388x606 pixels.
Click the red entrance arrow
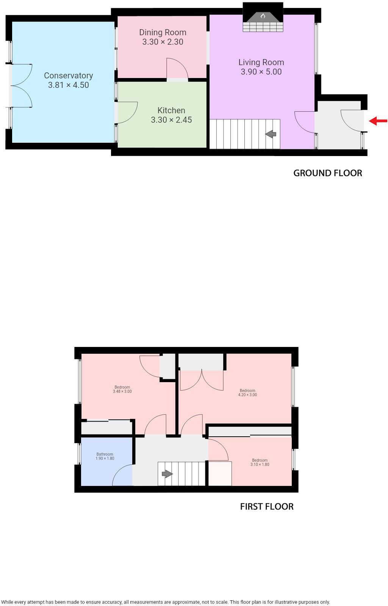click(378, 121)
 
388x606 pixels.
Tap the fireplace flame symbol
click(263, 16)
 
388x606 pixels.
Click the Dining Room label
click(163, 33)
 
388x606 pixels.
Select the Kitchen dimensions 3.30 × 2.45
click(171, 120)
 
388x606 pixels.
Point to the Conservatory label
click(68, 76)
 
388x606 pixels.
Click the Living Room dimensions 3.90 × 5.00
click(261, 72)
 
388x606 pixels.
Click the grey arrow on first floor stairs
click(167, 474)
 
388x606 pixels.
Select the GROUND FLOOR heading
click(328, 173)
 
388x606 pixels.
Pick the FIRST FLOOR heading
click(267, 507)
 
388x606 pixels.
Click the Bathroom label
click(105, 454)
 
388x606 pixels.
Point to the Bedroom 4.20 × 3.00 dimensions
click(247, 395)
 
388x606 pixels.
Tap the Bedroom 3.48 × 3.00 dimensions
click(122, 392)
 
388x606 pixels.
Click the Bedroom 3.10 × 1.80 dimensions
click(260, 464)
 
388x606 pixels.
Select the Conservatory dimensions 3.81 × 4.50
click(68, 85)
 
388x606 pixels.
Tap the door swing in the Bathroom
click(122, 475)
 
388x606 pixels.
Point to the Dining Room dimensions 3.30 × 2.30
click(163, 42)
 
